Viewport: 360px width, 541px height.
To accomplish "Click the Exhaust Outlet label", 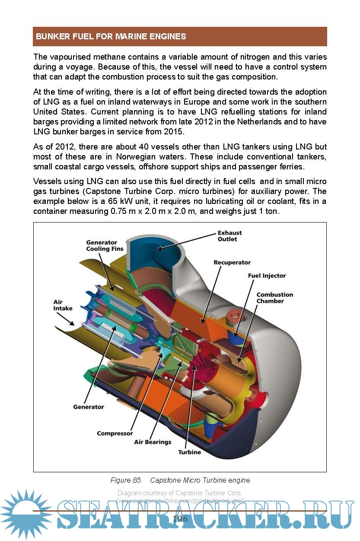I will (x=229, y=236).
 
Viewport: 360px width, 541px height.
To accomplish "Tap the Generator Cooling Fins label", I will (x=105, y=245).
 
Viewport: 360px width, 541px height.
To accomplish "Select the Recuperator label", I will (x=232, y=262).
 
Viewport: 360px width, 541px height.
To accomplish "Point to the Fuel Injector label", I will (x=267, y=276).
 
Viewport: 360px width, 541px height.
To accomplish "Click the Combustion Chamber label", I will (x=275, y=298).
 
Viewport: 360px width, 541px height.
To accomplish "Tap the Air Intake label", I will (x=63, y=305).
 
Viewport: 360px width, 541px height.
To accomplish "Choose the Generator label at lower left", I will (x=89, y=407).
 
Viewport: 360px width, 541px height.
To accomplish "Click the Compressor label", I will (x=115, y=433).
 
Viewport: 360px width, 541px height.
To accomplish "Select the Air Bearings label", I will (x=153, y=442).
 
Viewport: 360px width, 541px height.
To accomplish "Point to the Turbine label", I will (x=190, y=452).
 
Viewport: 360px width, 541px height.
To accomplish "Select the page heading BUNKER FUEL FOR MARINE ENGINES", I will (x=111, y=37).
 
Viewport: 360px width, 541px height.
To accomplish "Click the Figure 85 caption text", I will (x=180, y=480).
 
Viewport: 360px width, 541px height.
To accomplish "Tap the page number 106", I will (x=180, y=519).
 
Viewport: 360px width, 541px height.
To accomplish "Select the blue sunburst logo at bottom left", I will (x=26, y=514).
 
